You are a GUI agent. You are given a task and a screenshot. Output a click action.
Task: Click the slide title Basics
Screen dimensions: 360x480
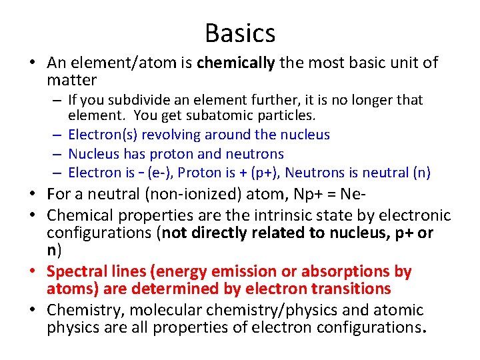point(240,32)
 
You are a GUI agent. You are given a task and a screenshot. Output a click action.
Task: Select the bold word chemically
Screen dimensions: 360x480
point(236,63)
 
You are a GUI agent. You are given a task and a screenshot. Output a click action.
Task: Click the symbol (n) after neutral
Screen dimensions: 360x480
point(421,173)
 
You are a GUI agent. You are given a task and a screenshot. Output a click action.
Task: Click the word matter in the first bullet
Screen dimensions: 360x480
point(72,81)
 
